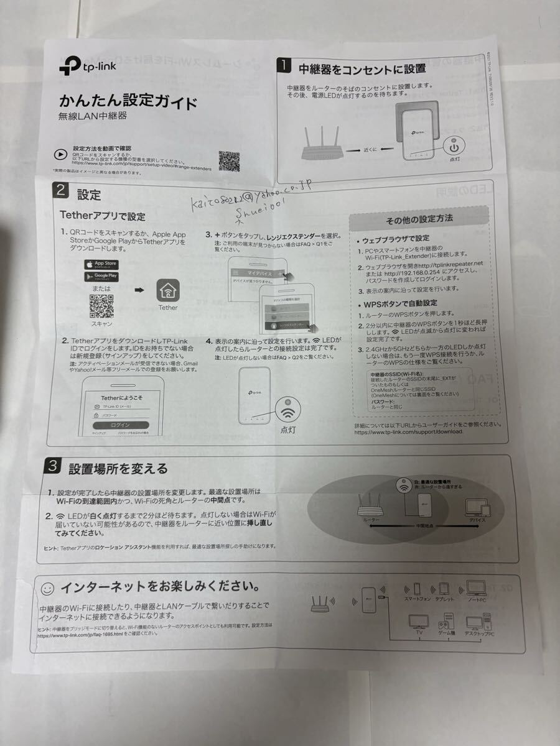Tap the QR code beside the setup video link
tap(229, 161)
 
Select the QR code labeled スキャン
tap(101, 306)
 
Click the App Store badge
tap(101, 264)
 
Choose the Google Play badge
tap(101, 276)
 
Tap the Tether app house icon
tap(167, 290)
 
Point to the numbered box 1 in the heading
tap(284, 65)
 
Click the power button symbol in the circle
tap(454, 148)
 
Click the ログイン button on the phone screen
tap(121, 425)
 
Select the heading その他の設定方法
tap(419, 219)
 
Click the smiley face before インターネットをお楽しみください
tap(47, 587)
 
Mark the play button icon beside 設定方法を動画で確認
tap(60, 155)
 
